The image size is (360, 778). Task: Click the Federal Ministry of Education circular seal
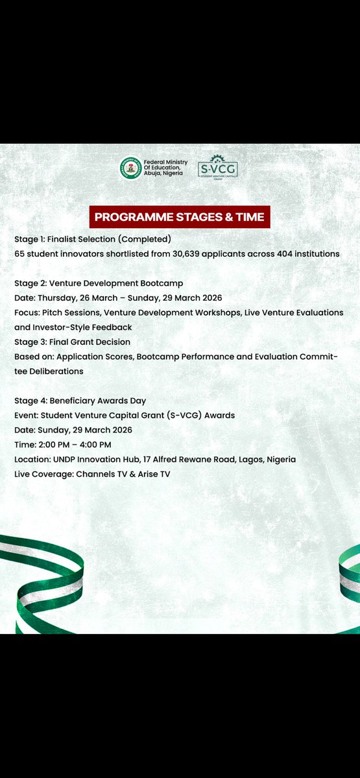[130, 169]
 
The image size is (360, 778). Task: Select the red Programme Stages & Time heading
[180, 217]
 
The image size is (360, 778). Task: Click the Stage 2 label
[30, 283]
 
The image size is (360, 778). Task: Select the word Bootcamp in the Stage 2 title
[160, 283]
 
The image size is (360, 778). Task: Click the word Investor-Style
[65, 327]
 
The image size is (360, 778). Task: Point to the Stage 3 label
[30, 342]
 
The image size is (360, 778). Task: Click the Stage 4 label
[30, 401]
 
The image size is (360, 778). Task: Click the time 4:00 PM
[95, 444]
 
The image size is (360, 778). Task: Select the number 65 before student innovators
[20, 253]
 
